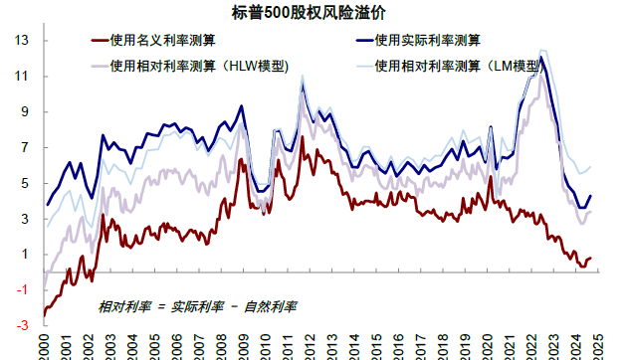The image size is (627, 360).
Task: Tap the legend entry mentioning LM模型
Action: click(x=457, y=67)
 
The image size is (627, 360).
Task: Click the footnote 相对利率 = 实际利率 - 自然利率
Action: click(x=199, y=306)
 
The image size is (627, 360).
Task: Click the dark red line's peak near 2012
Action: click(x=302, y=137)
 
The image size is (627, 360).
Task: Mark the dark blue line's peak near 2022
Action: click(x=541, y=57)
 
